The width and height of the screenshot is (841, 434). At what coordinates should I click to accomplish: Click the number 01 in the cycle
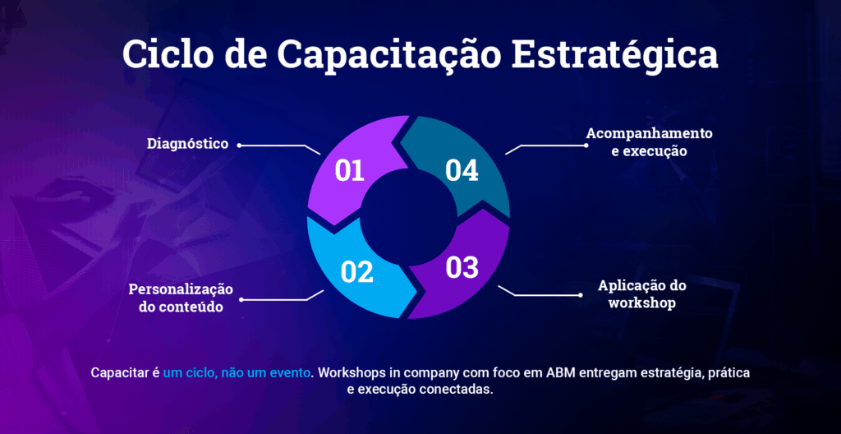350,171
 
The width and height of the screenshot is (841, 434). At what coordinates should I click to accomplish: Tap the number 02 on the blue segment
356,272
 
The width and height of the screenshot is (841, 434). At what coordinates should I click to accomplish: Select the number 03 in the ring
462,267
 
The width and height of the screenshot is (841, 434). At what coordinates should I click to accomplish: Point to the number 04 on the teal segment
462,171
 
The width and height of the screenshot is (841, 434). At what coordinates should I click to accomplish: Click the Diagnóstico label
188,144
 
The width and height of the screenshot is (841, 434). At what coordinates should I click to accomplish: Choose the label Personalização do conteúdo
181,298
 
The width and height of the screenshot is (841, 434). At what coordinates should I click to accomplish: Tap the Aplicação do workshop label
642,293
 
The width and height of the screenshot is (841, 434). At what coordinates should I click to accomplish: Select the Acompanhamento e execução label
649,141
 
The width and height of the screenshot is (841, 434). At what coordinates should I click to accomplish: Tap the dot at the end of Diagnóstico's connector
239,145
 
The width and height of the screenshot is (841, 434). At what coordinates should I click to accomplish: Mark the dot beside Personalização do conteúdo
241,300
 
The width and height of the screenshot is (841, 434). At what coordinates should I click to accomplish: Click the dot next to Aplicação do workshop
581,295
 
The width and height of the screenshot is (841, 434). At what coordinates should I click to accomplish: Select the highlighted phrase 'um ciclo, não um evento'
237,373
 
